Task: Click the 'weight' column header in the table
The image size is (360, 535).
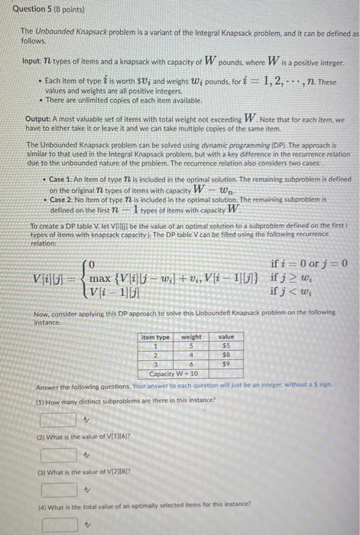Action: pyautogui.click(x=191, y=336)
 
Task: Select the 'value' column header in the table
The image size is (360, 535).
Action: pyautogui.click(x=226, y=336)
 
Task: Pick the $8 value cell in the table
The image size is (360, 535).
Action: pyautogui.click(x=226, y=355)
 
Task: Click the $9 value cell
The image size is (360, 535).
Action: pyautogui.click(x=226, y=364)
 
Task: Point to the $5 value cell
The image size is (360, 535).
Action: pyautogui.click(x=226, y=345)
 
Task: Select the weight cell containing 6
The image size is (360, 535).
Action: pyautogui.click(x=191, y=364)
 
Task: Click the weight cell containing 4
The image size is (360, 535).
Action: pyautogui.click(x=191, y=355)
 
